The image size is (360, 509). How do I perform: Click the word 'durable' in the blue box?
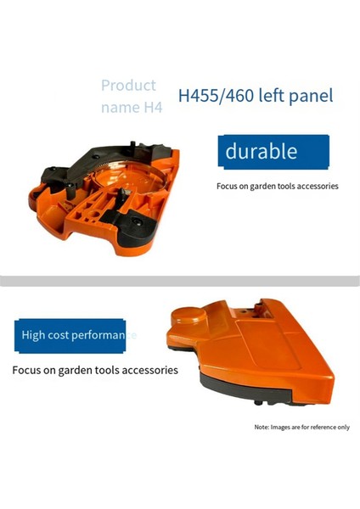pos(261,152)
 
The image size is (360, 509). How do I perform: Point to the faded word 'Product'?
pos(128,85)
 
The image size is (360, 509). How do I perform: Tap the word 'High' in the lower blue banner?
pos(37,335)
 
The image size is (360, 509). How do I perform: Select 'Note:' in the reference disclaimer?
pos(262,427)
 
